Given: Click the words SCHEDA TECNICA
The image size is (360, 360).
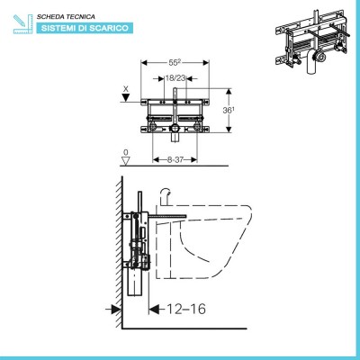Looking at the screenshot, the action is coord(66,17).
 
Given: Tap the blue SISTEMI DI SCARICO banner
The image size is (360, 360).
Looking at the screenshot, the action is coord(85,28).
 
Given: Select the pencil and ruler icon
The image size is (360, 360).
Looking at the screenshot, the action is coord(22,23).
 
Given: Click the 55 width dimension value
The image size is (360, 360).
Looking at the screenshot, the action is coord(175,63).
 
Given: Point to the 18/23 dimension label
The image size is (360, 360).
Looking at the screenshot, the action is coord(175,78).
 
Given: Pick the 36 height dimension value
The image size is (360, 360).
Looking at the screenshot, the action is coord(229,111).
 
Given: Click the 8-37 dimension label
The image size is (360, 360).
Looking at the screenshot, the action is coord(175,160).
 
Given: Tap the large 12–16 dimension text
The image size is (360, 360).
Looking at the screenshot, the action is coord(186,309).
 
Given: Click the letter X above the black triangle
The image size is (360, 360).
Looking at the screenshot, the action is coord(126,89).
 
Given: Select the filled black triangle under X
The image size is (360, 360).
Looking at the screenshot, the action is coord(126,97).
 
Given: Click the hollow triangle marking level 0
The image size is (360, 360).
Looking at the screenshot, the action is coord(126,160).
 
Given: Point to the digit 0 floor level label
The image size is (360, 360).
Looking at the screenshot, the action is coord(126,152).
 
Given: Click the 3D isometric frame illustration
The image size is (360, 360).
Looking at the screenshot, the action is coord(312,41).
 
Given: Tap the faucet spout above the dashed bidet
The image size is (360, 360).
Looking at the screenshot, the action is coord(166,196).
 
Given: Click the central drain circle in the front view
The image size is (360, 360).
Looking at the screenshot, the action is coord(175,128).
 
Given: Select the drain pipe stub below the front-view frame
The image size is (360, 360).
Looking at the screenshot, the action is coord(175,137).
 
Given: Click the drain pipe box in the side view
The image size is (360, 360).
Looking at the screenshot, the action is coord(135,282).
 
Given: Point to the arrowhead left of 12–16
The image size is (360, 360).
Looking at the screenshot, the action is coord(154,309).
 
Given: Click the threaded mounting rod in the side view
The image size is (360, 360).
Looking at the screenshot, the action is coord(167,216).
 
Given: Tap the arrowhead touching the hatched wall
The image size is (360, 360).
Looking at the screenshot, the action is coord(116,309).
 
